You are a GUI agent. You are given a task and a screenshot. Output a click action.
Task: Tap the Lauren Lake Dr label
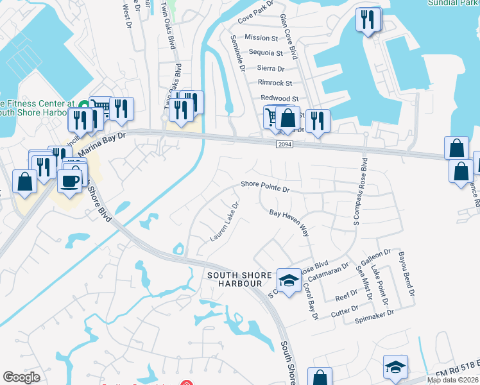(x=224, y=223)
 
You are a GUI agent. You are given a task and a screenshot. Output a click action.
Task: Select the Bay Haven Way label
(x=289, y=222)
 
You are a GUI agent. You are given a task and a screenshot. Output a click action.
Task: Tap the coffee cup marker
(x=70, y=180)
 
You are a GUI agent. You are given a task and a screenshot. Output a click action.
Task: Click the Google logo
(x=21, y=377)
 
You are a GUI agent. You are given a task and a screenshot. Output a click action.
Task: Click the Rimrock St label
(x=275, y=83)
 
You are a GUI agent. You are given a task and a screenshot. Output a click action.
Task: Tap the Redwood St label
(x=280, y=98)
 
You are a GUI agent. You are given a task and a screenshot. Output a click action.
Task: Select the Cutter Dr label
(x=345, y=311)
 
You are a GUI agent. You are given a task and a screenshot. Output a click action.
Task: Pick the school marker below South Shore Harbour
(x=289, y=280)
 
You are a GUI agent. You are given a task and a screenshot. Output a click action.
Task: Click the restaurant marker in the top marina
(x=368, y=19)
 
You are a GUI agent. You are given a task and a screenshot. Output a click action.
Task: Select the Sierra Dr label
(x=271, y=68)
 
